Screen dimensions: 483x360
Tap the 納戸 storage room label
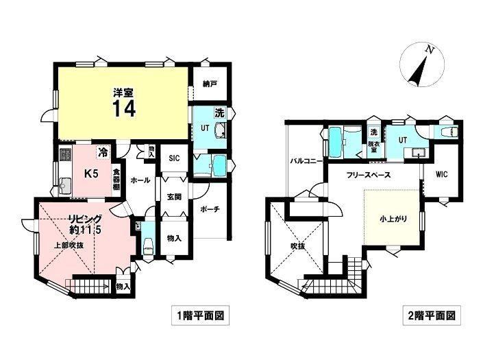click(209, 84)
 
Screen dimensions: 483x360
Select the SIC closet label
click(174, 158)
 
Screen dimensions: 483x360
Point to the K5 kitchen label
click(91, 174)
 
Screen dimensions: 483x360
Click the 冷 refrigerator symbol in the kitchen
click(103, 152)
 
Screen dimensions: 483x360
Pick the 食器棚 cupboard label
click(116, 180)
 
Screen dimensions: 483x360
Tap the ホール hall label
click(140, 180)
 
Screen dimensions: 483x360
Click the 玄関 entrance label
click(174, 197)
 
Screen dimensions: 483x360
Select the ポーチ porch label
click(210, 209)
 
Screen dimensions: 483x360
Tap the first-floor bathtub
click(220, 166)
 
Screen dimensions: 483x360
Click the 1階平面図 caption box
click(200, 315)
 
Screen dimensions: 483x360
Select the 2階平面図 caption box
click(432, 315)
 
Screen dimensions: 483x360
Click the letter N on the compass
click(428, 50)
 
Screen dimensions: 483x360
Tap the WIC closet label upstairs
click(442, 174)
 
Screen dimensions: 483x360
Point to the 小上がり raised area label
click(393, 219)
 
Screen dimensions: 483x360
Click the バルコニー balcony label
click(307, 161)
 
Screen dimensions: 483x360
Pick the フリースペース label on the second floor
click(369, 175)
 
